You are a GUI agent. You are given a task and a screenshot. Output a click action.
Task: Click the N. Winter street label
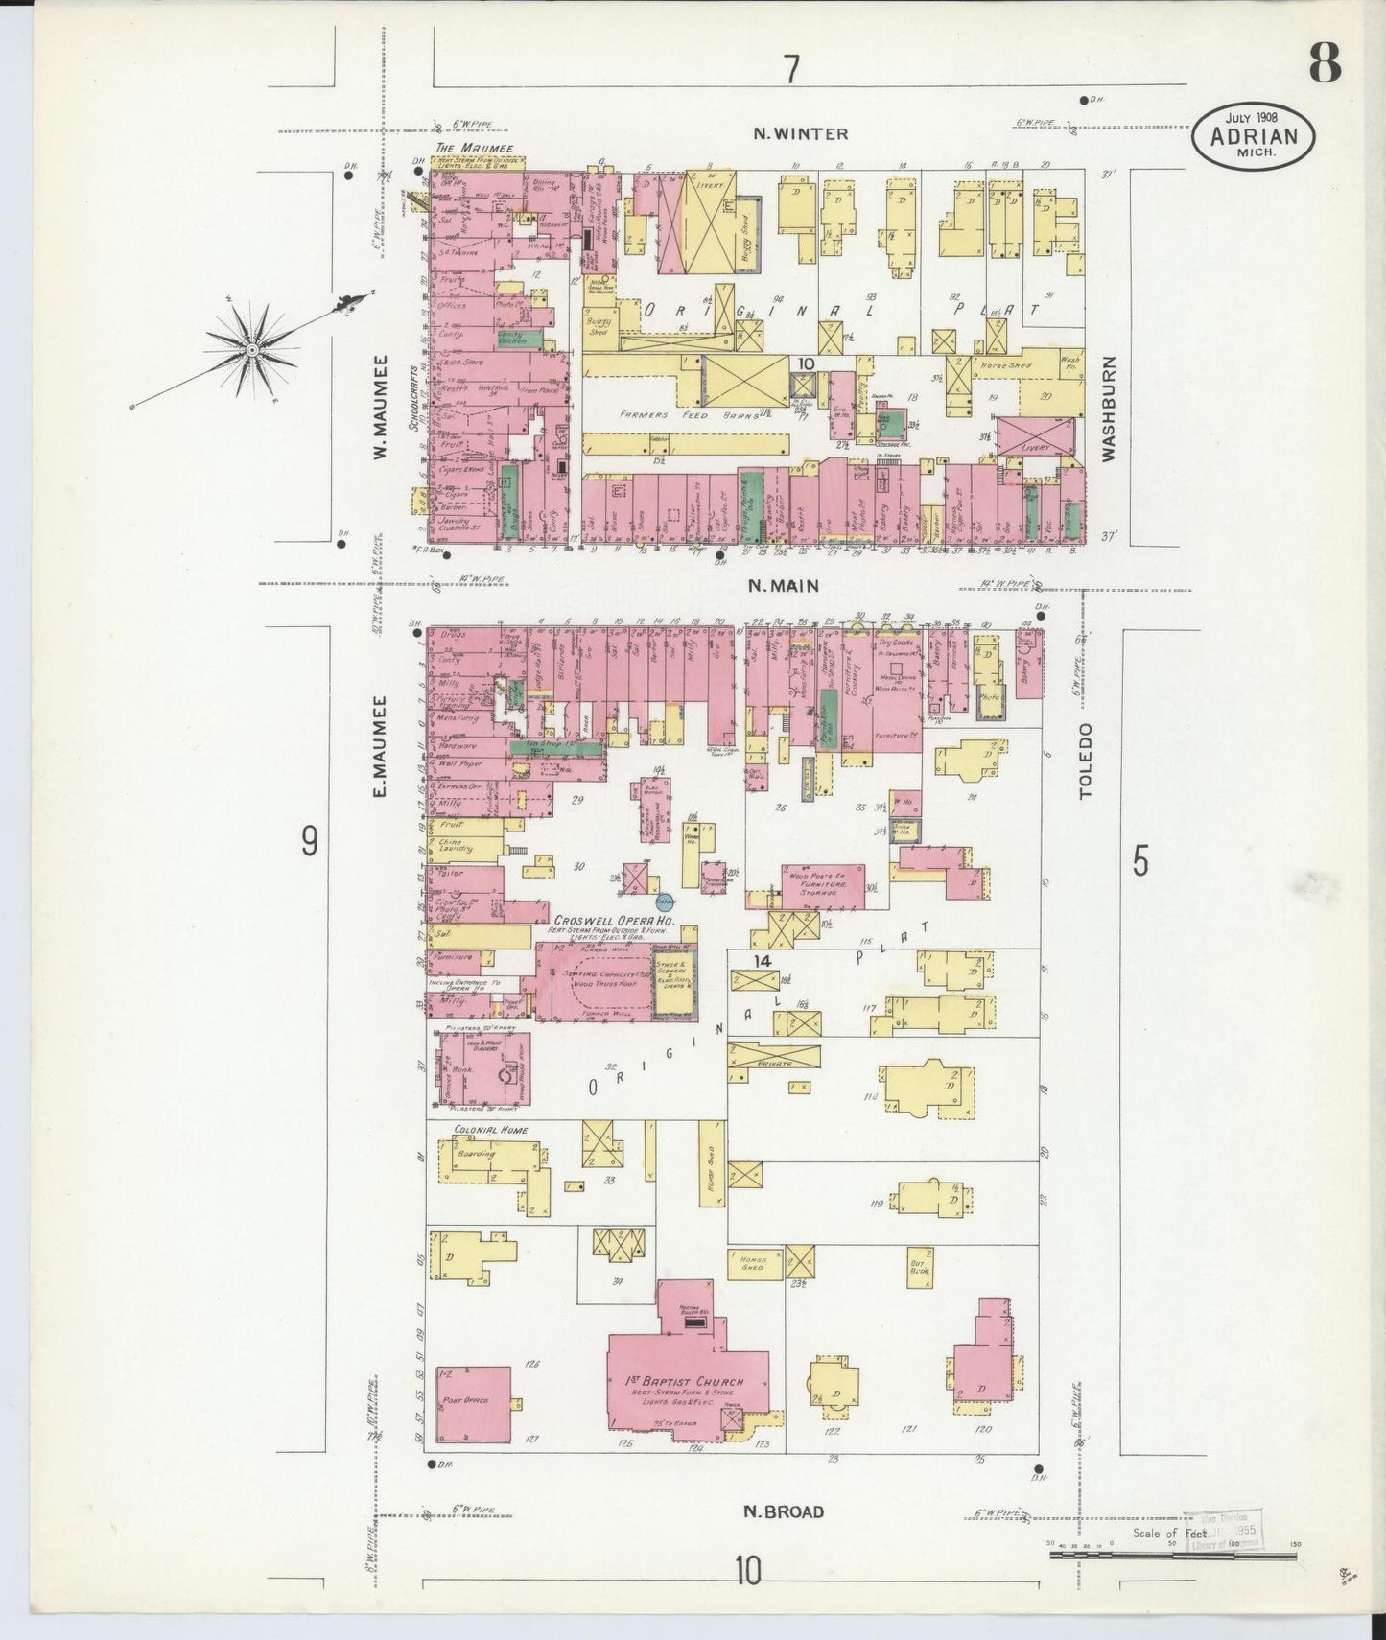[788, 134]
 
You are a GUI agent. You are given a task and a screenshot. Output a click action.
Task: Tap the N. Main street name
[783, 586]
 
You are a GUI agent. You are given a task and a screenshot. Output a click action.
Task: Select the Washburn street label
[1109, 410]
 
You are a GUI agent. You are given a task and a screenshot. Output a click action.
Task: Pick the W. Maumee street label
[380, 407]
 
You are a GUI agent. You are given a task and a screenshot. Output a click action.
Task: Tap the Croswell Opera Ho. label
[608, 919]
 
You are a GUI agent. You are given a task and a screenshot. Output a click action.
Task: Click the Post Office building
[472, 1402]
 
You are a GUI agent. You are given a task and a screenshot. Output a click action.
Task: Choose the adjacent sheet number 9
[309, 841]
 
